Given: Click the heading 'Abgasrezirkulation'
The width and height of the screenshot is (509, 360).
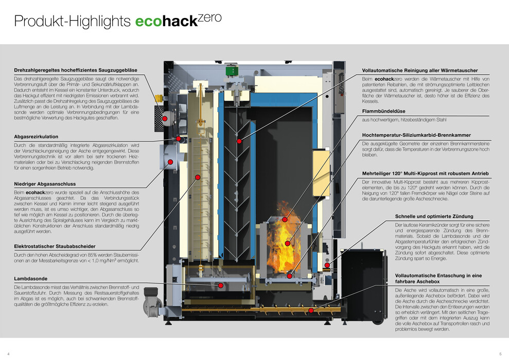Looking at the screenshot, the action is pyautogui.click(x=36, y=136).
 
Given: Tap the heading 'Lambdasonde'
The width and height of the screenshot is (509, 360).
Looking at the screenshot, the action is pyautogui.click(x=30, y=279).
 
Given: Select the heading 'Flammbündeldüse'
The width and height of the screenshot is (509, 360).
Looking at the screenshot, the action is pyautogui.click(x=384, y=111).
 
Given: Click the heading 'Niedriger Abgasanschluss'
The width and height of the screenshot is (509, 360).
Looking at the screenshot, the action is pyautogui.click(x=45, y=184).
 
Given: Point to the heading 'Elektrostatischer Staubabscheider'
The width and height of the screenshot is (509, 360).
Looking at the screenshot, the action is pyautogui.click(x=55, y=246).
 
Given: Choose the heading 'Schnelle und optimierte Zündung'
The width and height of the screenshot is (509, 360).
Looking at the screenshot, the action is pyautogui.click(x=434, y=217).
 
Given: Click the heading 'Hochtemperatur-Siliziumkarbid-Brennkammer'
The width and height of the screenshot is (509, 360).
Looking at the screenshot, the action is pyautogui.click(x=416, y=135).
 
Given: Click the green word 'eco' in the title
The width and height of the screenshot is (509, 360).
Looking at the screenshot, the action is pyautogui.click(x=149, y=22).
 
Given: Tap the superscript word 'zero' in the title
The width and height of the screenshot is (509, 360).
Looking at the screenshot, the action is pyautogui.click(x=209, y=17).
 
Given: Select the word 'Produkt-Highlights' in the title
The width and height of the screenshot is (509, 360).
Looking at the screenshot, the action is pyautogui.click(x=73, y=21).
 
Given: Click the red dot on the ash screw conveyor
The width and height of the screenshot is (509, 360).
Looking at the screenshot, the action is pyautogui.click(x=311, y=311).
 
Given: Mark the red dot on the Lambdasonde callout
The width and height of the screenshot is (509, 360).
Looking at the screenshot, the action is pyautogui.click(x=220, y=285).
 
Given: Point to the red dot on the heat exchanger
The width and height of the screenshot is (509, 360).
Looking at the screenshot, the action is pyautogui.click(x=239, y=141).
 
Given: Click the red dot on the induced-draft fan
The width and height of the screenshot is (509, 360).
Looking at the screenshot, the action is pyautogui.click(x=165, y=119).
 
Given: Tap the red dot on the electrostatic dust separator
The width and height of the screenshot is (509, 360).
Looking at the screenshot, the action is pyautogui.click(x=198, y=177).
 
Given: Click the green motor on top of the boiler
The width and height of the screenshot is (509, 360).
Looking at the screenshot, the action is pyautogui.click(x=232, y=70).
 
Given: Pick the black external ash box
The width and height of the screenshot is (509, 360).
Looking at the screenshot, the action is pyautogui.click(x=363, y=285).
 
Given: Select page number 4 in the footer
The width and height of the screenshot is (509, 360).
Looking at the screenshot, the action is pyautogui.click(x=8, y=354).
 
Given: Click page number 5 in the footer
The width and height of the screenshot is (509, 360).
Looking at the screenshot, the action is pyautogui.click(x=501, y=354).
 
